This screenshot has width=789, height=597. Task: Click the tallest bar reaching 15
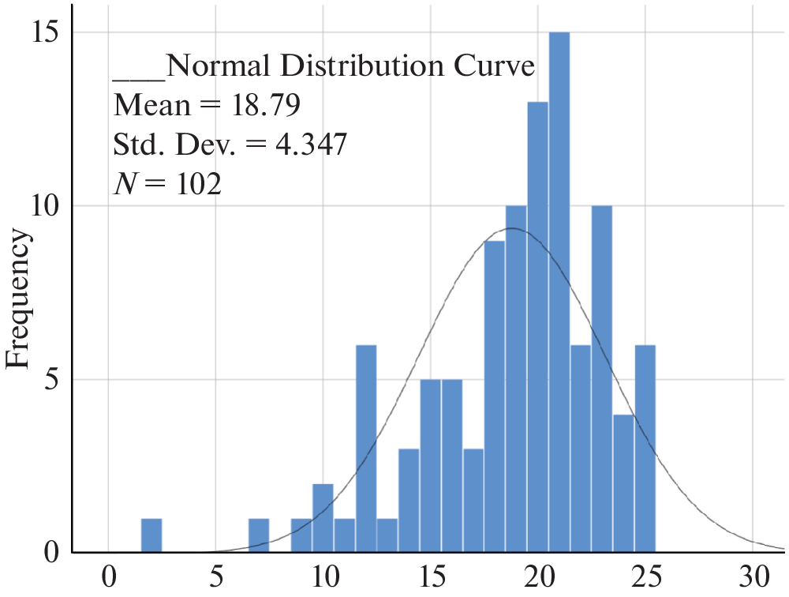click(559, 292)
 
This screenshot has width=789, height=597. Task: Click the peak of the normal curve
click(512, 228)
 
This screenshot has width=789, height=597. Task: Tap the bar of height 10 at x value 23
click(602, 379)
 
